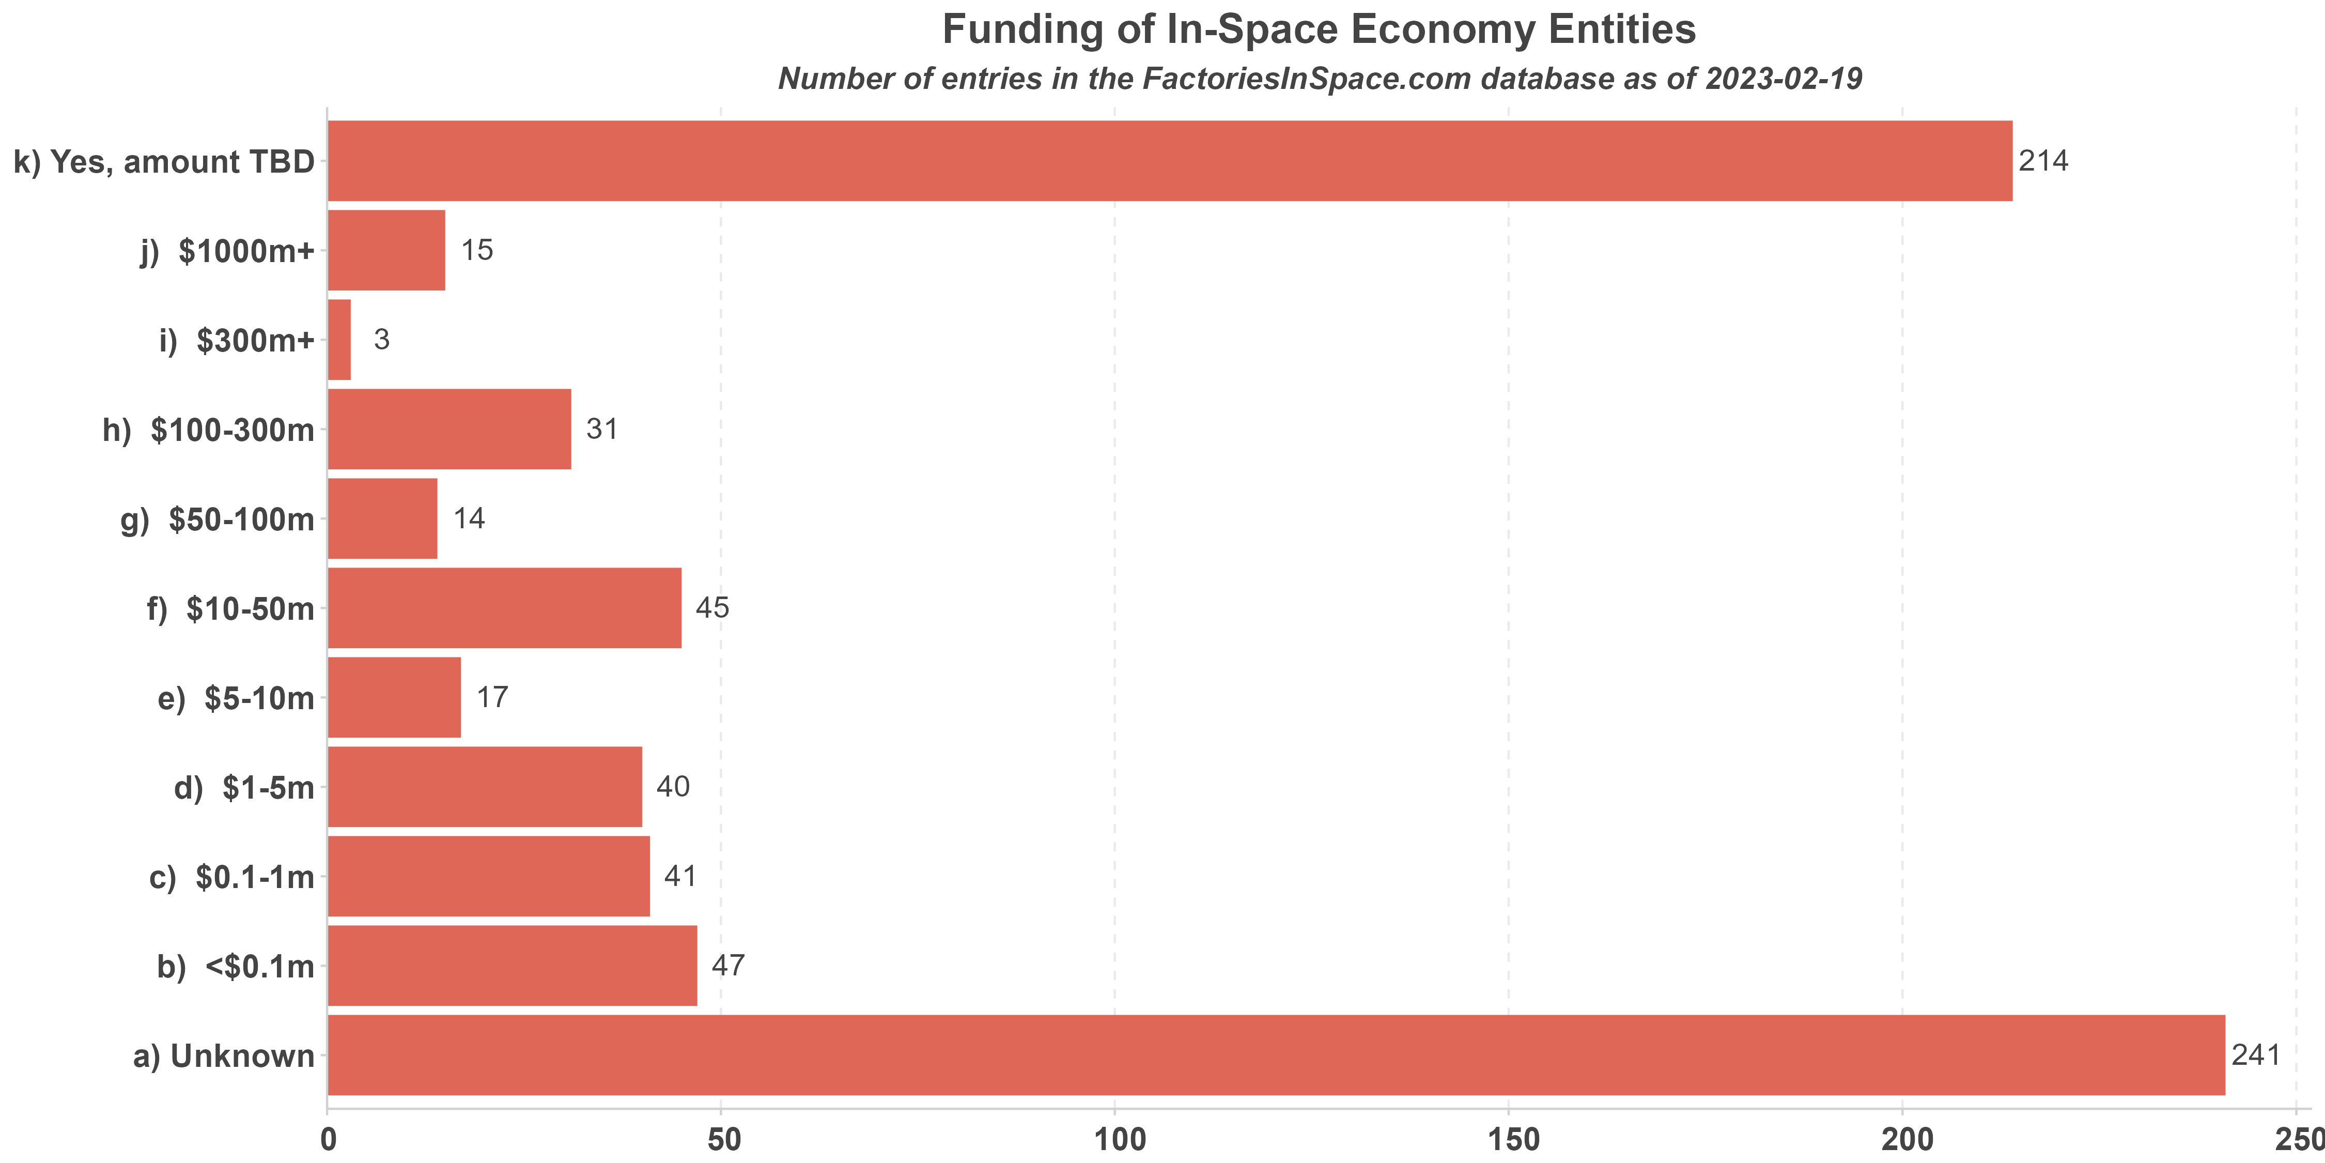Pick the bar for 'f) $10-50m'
[504, 608]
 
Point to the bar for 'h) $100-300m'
[448, 429]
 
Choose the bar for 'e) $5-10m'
[394, 697]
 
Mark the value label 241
[2255, 1054]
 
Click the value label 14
[469, 518]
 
